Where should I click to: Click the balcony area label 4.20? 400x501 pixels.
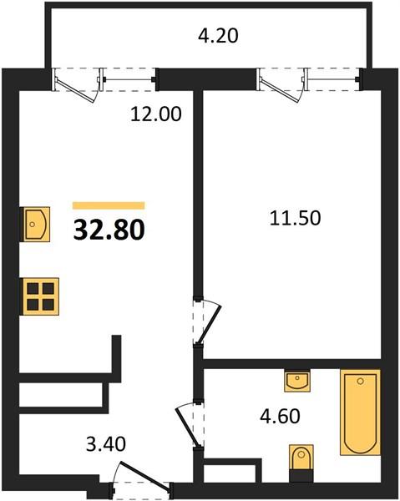[x=218, y=35]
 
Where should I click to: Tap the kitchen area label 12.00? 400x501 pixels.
[x=155, y=114]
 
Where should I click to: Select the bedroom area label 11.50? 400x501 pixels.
[x=295, y=219]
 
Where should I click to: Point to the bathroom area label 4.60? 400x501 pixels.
[x=280, y=417]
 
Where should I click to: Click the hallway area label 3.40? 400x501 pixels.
[x=106, y=444]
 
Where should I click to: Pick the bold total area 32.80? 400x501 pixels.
[x=109, y=230]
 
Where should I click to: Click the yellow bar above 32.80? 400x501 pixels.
[x=109, y=205]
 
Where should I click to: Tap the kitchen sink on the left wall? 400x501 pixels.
[x=35, y=225]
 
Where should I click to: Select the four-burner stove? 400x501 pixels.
[x=39, y=296]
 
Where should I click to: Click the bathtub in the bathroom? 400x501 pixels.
[x=361, y=412]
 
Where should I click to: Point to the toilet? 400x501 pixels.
[x=301, y=463]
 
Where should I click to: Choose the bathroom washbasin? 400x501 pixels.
[x=297, y=381]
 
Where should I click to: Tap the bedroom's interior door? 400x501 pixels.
[x=207, y=322]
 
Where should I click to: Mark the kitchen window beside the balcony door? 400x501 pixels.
[x=129, y=79]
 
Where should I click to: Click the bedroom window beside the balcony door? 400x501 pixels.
[x=333, y=79]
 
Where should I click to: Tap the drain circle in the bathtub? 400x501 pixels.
[x=361, y=381]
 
